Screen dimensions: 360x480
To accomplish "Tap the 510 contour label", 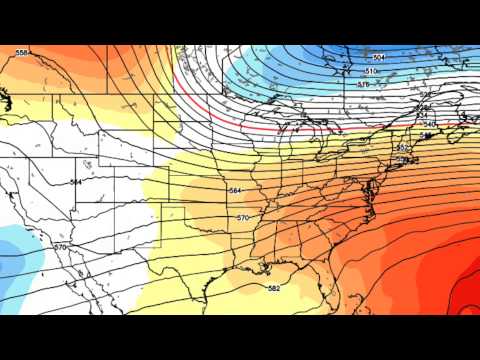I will click(370, 72).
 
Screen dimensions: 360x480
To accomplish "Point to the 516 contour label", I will click(363, 84).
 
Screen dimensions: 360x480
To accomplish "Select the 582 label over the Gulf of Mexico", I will click(273, 288).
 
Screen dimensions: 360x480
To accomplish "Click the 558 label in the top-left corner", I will click(21, 52).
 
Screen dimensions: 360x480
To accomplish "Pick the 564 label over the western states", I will click(76, 182).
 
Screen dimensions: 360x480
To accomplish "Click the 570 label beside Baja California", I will click(60, 247).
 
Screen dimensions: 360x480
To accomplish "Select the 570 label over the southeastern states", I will click(243, 217).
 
